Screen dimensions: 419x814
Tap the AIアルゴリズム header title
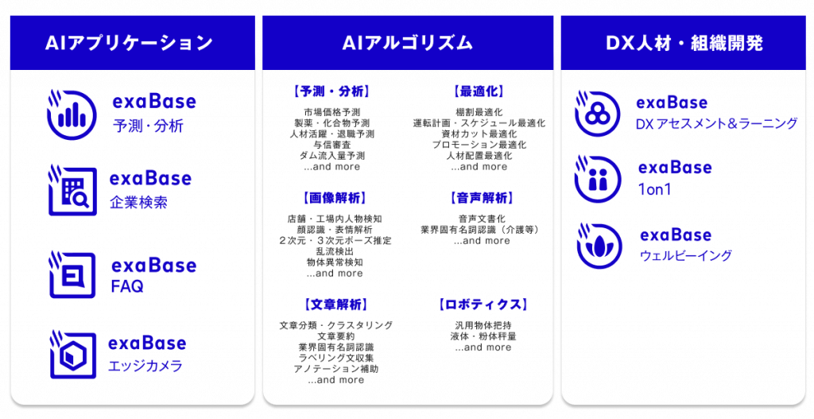coord(407,43)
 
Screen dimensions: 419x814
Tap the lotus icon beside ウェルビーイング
coord(599,246)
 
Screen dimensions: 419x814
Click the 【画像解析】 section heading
coord(333,198)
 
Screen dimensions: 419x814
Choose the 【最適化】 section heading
coord(479,91)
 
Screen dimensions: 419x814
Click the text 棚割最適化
coord(479,112)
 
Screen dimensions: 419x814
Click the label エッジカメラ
coord(145,366)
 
